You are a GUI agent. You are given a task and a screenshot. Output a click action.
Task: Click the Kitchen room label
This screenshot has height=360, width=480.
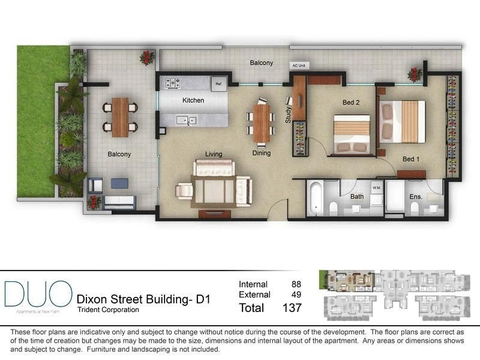click(x=193, y=100)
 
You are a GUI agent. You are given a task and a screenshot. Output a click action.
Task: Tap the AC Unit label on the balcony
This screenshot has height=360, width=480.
click(x=298, y=65)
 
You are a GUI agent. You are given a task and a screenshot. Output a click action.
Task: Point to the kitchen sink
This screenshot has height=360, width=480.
click(x=186, y=121)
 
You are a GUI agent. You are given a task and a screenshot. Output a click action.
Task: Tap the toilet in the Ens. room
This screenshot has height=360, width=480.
click(x=414, y=207)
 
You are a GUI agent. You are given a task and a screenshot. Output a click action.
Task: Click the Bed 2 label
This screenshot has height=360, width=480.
click(x=351, y=103)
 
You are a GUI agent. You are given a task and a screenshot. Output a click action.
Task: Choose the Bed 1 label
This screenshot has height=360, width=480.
click(x=410, y=159)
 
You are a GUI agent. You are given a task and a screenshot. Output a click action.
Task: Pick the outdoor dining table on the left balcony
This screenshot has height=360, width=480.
click(x=119, y=117)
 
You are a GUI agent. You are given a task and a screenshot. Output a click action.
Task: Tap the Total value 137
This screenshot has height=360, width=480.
click(x=291, y=308)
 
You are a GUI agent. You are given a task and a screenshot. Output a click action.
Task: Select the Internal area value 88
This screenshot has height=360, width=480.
click(x=296, y=284)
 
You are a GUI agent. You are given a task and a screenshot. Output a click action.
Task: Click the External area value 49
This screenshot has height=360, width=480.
click(x=296, y=295)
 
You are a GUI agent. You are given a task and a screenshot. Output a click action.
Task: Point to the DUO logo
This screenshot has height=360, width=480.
click(x=38, y=295)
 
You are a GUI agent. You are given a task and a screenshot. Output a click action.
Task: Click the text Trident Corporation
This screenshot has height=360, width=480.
click(x=108, y=310)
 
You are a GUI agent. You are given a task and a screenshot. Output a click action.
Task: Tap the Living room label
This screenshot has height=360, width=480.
click(x=214, y=154)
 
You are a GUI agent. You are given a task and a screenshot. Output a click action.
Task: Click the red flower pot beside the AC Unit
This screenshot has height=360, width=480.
click(x=414, y=74)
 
